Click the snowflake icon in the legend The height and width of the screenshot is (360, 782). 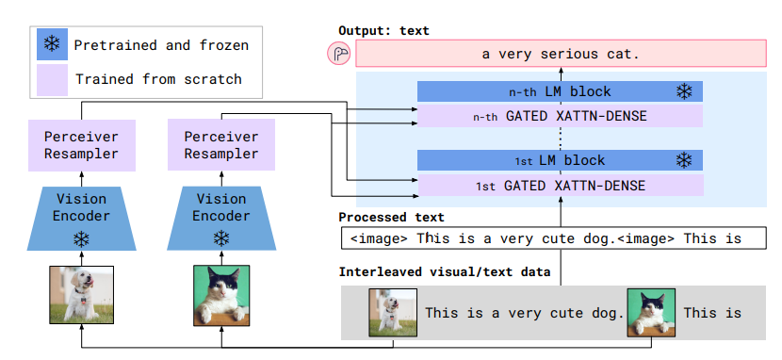[x=52, y=45]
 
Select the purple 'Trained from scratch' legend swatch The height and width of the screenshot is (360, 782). [x=52, y=79]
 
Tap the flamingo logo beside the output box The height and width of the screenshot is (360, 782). [x=339, y=54]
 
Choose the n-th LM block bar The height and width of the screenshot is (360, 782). [x=560, y=91]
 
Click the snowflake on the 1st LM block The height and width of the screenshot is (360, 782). [x=684, y=160]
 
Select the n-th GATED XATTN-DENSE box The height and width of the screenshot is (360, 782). [x=560, y=116]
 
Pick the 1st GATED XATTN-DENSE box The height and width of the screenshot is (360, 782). [x=561, y=186]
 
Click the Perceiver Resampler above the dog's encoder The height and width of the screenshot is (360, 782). [x=82, y=145]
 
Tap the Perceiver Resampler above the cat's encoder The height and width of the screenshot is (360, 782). [x=221, y=144]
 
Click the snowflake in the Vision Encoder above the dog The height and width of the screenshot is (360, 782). [x=81, y=238]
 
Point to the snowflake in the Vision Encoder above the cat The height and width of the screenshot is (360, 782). [x=220, y=238]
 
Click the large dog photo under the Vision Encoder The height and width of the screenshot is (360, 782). [x=81, y=295]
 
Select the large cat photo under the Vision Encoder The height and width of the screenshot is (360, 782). [x=221, y=295]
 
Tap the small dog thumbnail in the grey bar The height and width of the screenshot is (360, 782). [x=393, y=313]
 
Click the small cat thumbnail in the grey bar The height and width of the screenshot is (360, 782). [x=651, y=313]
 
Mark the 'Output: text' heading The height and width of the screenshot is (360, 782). [x=383, y=30]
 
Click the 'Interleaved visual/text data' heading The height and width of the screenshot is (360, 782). [x=445, y=271]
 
